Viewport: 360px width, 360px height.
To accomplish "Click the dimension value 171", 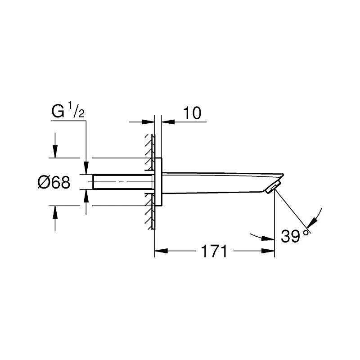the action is pos(214,251).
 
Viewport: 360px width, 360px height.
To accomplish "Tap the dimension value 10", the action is pos(192,113).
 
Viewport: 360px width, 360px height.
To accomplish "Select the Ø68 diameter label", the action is pos(54,183).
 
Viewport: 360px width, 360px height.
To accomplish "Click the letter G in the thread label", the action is pos(58,111).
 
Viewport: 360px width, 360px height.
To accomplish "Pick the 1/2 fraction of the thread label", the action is pos(76,111).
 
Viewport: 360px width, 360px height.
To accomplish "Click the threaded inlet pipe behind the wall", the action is pos(122,182).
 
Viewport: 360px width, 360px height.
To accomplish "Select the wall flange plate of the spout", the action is pos(158,182).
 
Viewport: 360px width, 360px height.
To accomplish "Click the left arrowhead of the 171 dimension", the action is pos(161,251).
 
